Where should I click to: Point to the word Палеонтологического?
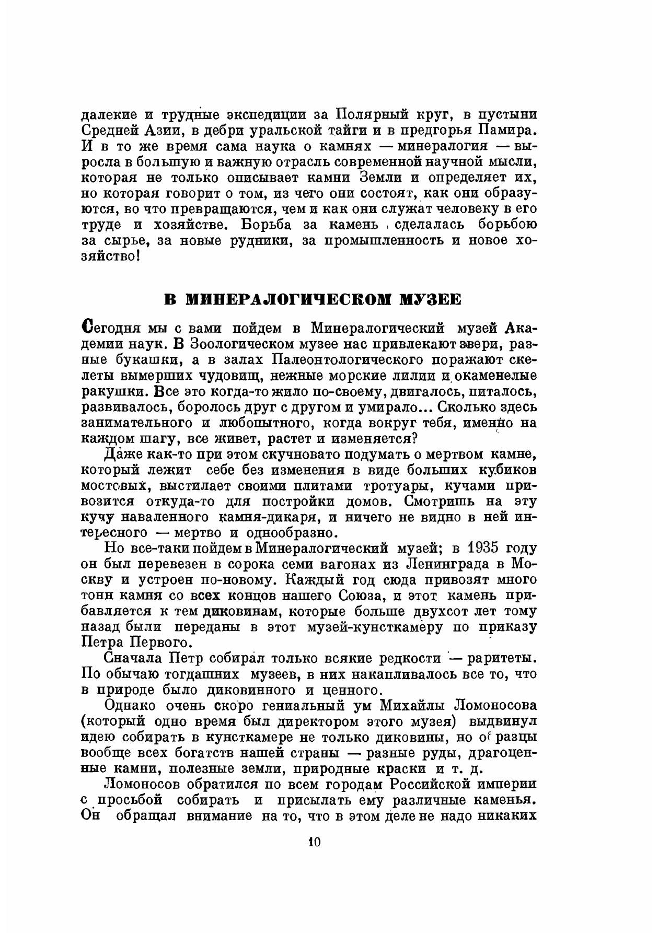pyautogui.click(x=347, y=360)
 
